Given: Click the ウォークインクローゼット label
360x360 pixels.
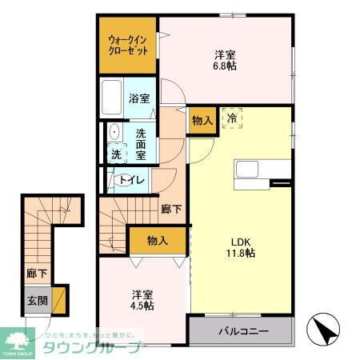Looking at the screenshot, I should (x=128, y=44).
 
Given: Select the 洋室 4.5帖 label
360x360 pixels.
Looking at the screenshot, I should (x=142, y=298).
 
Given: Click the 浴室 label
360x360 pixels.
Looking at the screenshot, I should (x=139, y=98).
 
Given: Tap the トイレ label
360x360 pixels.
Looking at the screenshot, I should (x=132, y=179).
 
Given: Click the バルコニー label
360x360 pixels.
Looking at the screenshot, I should (x=240, y=331).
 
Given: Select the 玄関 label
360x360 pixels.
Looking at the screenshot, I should (x=37, y=301).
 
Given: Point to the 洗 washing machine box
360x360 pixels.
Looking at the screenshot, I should (x=116, y=154).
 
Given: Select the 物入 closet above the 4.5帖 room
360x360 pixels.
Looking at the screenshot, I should (x=157, y=240).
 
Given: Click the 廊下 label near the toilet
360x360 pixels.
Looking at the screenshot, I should (x=170, y=209).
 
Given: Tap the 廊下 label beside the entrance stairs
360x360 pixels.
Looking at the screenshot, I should (x=36, y=274).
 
